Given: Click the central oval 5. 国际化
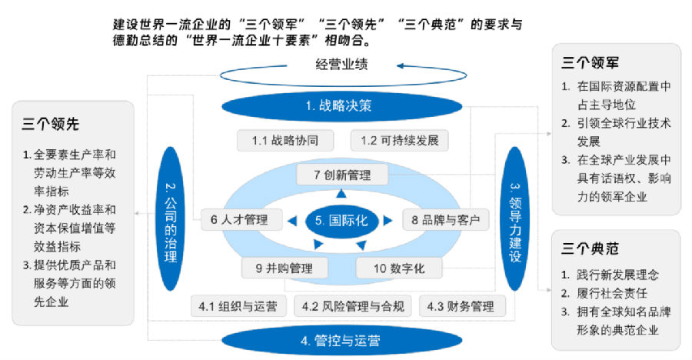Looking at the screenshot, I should (342, 220).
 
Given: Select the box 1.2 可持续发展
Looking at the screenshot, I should (400, 141).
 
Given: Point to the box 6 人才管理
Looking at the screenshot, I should (239, 220).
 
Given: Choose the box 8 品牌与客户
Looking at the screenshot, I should (446, 220).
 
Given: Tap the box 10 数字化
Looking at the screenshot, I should (399, 268).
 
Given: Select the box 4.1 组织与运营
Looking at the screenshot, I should (238, 306).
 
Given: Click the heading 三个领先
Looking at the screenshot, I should (52, 125).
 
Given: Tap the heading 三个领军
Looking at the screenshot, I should (591, 63).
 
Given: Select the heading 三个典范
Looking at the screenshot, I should (591, 249).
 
